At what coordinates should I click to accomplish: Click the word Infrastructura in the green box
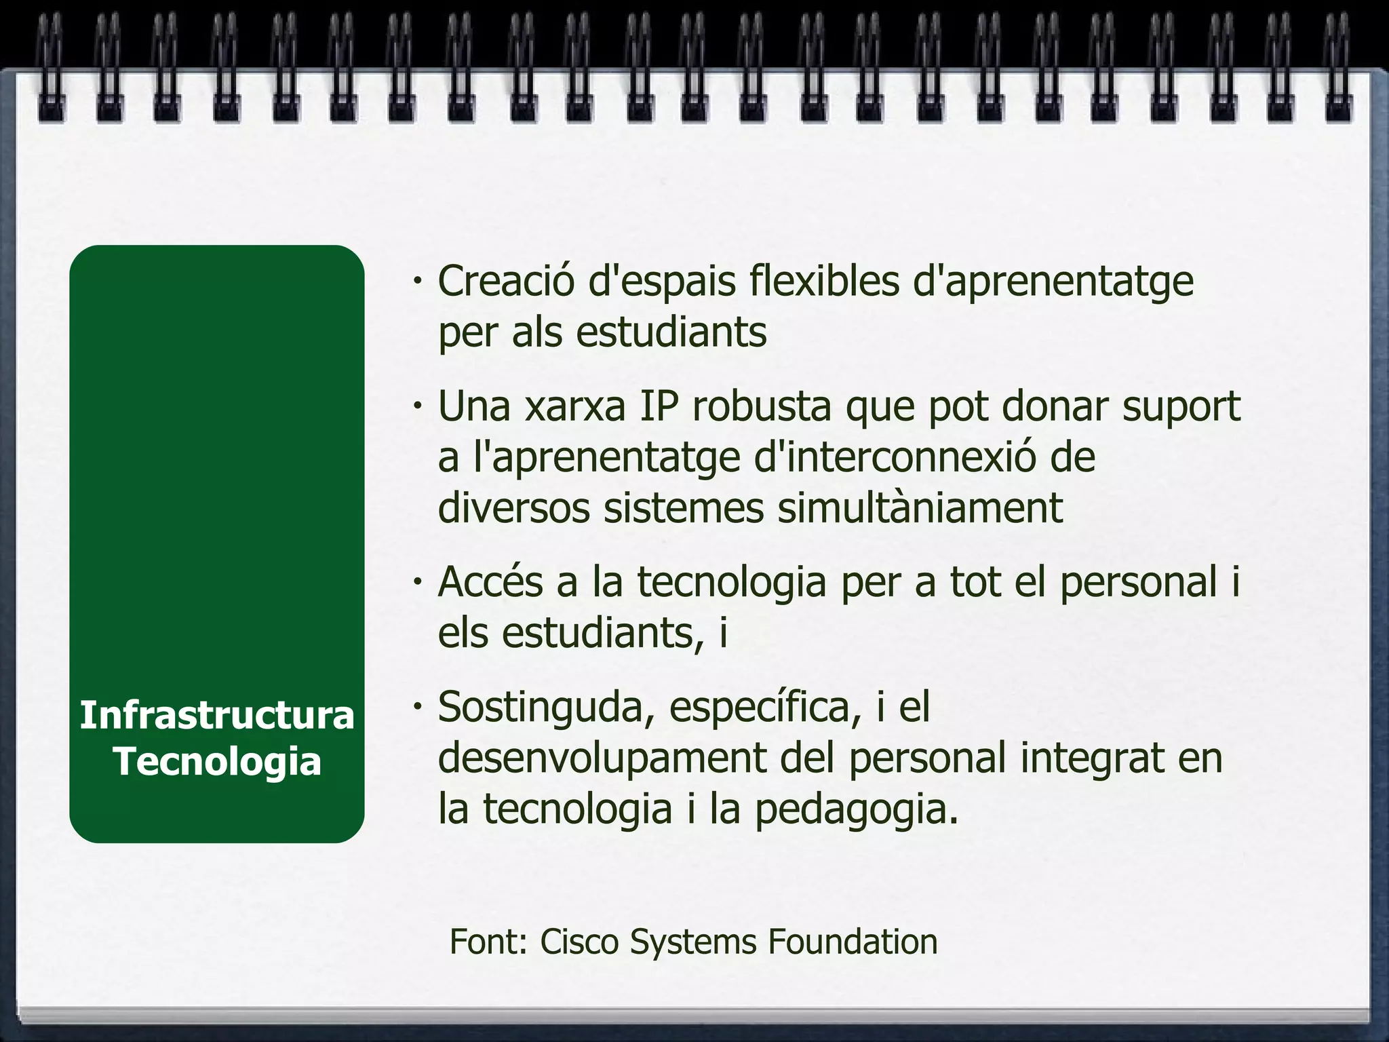coord(217,716)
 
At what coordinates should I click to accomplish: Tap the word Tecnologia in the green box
coord(217,761)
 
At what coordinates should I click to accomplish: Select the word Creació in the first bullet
coord(505,281)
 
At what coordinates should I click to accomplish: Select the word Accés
coord(490,582)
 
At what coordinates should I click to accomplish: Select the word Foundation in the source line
coord(853,942)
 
